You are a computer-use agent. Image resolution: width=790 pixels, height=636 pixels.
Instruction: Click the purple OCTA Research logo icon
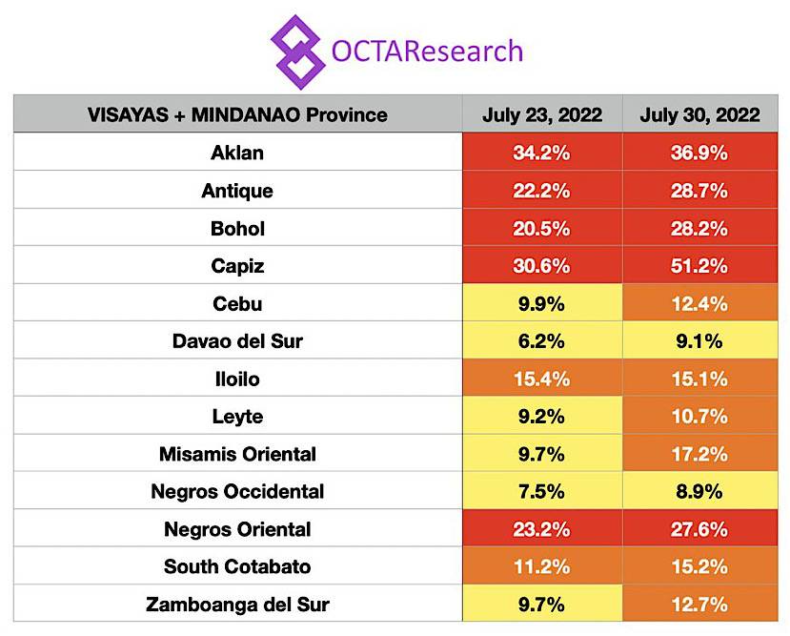pyautogui.click(x=298, y=51)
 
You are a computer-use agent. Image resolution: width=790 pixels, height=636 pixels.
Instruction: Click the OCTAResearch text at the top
pyautogui.click(x=427, y=51)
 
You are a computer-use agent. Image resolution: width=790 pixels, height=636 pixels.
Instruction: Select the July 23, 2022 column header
pyautogui.click(x=542, y=115)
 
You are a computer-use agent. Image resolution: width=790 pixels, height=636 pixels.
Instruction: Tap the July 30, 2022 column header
pyautogui.click(x=699, y=115)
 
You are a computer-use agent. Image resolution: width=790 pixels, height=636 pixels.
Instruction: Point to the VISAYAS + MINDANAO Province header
pyautogui.click(x=237, y=115)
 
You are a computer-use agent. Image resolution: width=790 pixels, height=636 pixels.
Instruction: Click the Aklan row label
pyautogui.click(x=237, y=153)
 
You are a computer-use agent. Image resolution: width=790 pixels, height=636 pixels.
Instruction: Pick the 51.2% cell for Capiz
pyautogui.click(x=699, y=266)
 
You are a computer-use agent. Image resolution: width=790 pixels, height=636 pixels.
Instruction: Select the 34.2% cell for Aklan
pyautogui.click(x=542, y=153)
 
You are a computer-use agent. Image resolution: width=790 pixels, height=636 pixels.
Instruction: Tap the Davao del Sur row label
pyautogui.click(x=237, y=341)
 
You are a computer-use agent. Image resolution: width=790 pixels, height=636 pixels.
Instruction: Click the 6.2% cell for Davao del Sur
pyautogui.click(x=542, y=341)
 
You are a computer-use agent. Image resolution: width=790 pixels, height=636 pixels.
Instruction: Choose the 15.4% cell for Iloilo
pyautogui.click(x=542, y=379)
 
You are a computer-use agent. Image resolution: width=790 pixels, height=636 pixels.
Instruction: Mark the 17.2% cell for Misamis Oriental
pyautogui.click(x=699, y=454)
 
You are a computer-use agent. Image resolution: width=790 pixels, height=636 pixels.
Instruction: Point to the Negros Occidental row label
pyautogui.click(x=237, y=492)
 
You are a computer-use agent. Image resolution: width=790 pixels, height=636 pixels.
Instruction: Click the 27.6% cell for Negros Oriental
pyautogui.click(x=699, y=529)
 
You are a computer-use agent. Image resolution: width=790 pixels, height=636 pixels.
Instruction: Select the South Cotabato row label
pyautogui.click(x=237, y=566)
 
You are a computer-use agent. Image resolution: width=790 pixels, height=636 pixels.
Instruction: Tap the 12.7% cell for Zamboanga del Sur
pyautogui.click(x=699, y=605)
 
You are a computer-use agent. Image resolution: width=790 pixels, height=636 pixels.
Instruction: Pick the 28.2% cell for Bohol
pyautogui.click(x=699, y=229)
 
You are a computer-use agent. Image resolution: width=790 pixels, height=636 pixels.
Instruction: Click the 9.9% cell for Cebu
pyautogui.click(x=542, y=304)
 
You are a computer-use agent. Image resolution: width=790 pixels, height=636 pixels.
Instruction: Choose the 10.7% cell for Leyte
pyautogui.click(x=699, y=417)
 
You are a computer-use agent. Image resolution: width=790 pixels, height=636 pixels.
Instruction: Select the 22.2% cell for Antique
pyautogui.click(x=542, y=191)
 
